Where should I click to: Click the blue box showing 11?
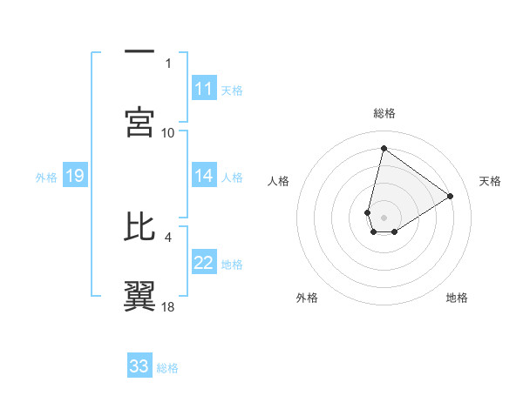tap(204, 89)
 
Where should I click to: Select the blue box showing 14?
tap(204, 177)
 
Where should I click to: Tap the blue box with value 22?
tap(204, 264)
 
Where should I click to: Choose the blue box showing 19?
tap(74, 177)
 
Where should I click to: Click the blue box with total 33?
tap(139, 366)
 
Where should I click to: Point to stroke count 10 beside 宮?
tap(168, 132)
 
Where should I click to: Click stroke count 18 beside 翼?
tap(168, 305)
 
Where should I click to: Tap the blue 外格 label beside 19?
tap(46, 178)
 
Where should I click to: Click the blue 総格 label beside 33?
tap(167, 368)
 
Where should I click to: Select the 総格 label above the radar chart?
tap(384, 113)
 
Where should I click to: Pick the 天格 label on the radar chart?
tap(491, 181)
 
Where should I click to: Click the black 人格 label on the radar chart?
tap(279, 181)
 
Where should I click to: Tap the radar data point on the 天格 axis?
tap(451, 196)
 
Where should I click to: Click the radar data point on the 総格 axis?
tap(384, 148)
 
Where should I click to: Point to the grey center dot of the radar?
tap(384, 218)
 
